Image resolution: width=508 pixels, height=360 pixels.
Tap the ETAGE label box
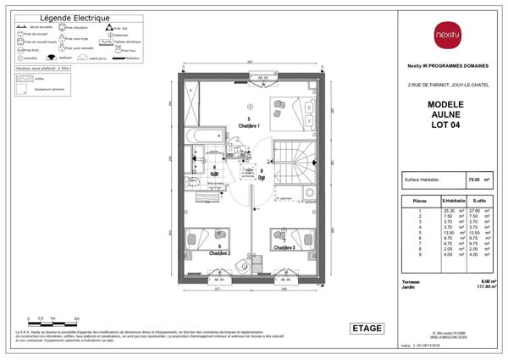(x=367, y=328)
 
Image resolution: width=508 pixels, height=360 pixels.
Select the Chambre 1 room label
(x=248, y=125)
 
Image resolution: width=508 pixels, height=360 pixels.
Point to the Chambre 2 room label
(x=219, y=252)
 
